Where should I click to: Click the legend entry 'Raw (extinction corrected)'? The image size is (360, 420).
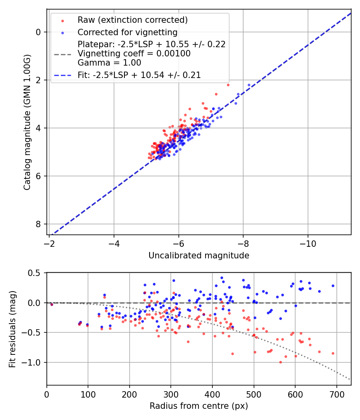click(x=132, y=20)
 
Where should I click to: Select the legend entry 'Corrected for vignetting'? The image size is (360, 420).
click(x=127, y=32)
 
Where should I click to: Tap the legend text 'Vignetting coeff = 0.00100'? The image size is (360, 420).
click(x=134, y=54)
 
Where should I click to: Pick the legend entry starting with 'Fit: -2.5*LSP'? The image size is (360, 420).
click(x=139, y=75)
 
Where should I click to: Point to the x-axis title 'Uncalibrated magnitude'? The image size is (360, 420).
click(x=199, y=256)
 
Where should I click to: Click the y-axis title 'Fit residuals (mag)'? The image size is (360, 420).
click(x=12, y=329)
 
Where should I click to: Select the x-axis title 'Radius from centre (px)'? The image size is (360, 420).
click(x=199, y=406)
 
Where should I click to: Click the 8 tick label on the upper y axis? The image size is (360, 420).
click(x=39, y=224)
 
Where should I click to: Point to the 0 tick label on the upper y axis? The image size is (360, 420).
click(x=39, y=32)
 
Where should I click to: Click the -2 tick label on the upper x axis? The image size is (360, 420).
click(x=49, y=243)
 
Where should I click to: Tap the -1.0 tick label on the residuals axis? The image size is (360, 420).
click(x=33, y=362)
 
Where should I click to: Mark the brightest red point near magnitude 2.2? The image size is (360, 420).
click(x=228, y=85)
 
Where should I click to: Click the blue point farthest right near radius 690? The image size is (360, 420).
click(x=333, y=286)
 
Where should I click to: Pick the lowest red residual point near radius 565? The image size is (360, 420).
click(x=280, y=362)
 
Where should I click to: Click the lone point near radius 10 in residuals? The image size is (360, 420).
click(x=52, y=304)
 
